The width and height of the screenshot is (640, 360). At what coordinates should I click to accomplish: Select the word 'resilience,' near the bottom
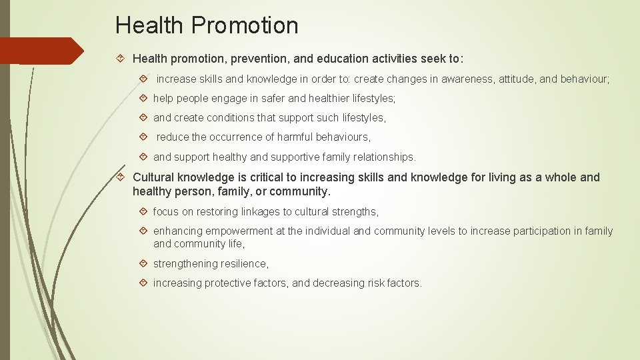(x=241, y=263)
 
